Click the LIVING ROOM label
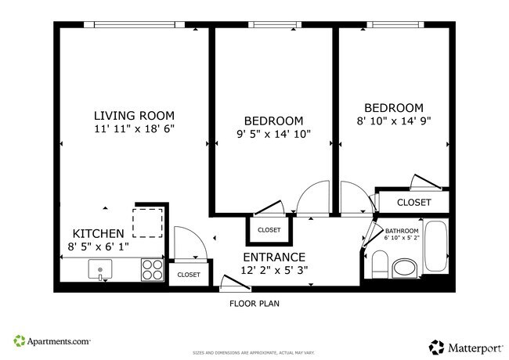(x=134, y=115)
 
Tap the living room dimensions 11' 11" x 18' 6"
(x=134, y=128)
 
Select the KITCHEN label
(x=98, y=233)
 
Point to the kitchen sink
(x=101, y=271)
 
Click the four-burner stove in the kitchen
(x=152, y=270)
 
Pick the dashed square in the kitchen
(x=146, y=221)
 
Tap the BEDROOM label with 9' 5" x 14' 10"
(x=273, y=121)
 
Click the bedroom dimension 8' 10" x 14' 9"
(x=393, y=121)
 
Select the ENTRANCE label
(x=273, y=257)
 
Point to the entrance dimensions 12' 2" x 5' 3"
(x=273, y=270)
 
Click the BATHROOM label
(x=402, y=231)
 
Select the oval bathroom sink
(x=405, y=268)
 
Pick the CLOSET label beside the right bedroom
(x=413, y=202)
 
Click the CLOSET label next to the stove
(x=188, y=275)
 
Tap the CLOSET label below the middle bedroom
(x=269, y=230)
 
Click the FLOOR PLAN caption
(x=254, y=303)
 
